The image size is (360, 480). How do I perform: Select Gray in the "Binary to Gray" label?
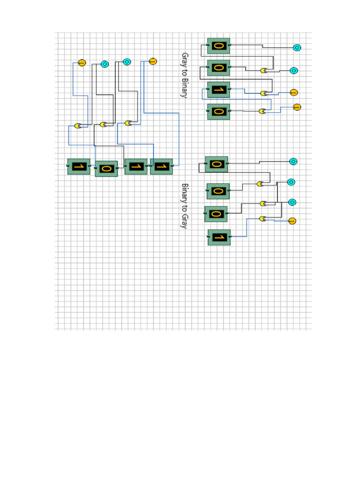point(184,220)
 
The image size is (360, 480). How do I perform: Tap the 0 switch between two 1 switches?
point(106,169)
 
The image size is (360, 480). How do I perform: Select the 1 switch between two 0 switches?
point(218,90)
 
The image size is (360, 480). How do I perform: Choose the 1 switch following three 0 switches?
point(219,237)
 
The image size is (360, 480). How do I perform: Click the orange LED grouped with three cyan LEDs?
point(292,221)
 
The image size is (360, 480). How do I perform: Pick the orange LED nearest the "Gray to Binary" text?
point(152,61)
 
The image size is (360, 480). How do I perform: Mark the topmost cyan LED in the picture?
point(297,48)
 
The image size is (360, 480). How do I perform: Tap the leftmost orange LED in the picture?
point(82,62)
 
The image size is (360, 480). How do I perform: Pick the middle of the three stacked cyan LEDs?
point(291,182)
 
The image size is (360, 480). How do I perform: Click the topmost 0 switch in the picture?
point(218,46)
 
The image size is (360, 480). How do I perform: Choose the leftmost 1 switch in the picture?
point(79,166)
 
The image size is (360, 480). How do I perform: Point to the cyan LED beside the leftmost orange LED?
point(105,64)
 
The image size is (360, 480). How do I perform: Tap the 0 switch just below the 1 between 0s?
point(218,112)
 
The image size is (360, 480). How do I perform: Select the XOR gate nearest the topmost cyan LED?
point(264,71)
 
